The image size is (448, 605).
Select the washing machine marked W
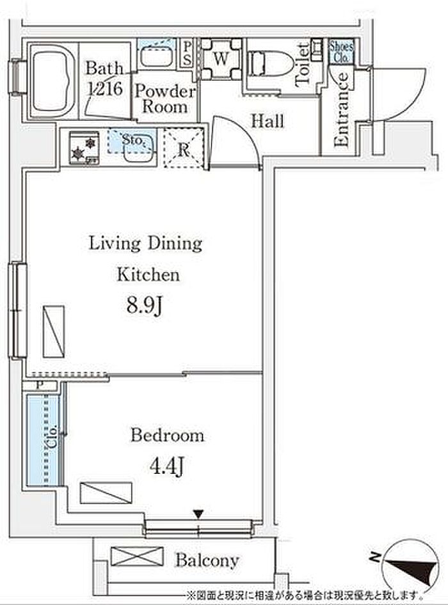221,59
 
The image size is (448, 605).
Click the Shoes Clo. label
341,52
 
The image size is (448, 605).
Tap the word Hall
268,121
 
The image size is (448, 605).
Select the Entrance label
341,109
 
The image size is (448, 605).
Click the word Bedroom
167,436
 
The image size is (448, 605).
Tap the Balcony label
207,560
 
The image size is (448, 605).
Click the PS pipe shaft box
188,54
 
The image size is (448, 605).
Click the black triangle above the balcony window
198,514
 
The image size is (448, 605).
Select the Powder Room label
165,98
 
